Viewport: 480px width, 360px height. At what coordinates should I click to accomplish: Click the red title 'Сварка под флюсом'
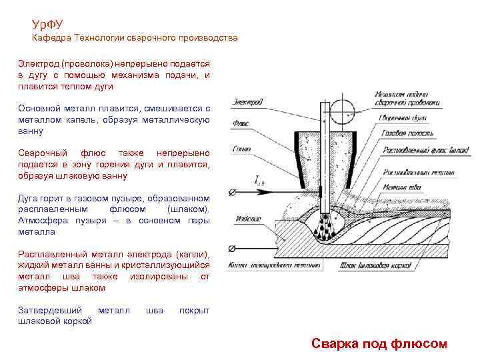tap(379, 343)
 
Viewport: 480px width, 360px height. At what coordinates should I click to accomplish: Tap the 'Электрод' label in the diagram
tap(249, 101)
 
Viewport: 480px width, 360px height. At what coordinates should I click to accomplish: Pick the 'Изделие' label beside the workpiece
tap(250, 218)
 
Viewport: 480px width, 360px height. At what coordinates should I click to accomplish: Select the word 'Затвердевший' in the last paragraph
tap(50, 310)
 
